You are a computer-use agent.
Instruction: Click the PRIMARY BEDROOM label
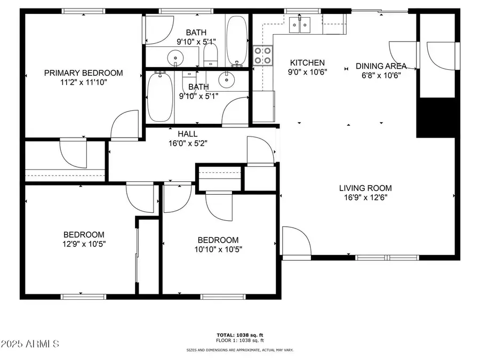(83, 73)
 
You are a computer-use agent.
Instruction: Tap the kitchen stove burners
(263, 55)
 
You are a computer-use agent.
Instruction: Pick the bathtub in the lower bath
(159, 97)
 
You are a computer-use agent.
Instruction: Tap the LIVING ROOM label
(365, 188)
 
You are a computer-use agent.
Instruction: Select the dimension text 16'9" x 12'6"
(365, 197)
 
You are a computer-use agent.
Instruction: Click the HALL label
(187, 134)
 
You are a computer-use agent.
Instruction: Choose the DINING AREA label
(381, 66)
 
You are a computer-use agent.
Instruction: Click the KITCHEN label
(307, 62)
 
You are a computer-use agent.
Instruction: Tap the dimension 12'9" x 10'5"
(84, 244)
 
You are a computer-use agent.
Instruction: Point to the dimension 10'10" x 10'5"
(218, 249)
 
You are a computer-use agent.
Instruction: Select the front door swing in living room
(295, 241)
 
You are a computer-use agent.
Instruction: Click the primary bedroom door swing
(124, 126)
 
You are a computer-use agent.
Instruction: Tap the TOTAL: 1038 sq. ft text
(240, 334)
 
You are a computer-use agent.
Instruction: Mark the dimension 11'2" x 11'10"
(83, 83)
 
